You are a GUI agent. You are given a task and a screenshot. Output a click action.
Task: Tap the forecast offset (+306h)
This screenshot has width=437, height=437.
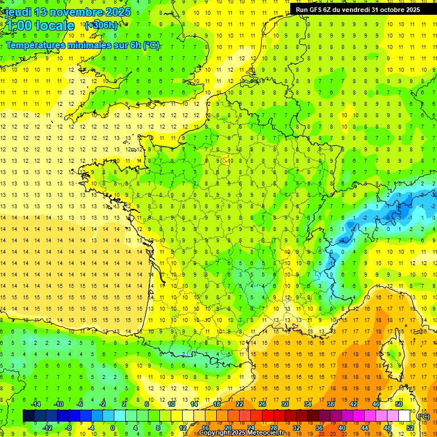point(101,25)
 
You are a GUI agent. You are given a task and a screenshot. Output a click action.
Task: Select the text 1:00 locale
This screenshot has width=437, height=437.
point(39,26)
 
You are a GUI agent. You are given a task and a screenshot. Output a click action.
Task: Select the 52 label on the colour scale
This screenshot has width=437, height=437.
point(410,428)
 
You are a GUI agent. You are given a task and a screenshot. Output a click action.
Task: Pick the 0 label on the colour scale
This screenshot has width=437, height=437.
point(113,428)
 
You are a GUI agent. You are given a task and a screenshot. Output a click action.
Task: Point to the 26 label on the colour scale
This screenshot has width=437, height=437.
point(262,404)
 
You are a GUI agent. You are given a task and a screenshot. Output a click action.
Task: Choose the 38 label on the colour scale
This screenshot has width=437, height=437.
point(331,404)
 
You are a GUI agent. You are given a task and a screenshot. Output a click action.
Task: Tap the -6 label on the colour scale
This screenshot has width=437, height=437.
point(80,404)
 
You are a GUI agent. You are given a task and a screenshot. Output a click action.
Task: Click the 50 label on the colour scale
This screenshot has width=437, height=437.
point(399,404)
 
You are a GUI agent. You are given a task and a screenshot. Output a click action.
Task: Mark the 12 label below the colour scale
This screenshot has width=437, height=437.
point(183,428)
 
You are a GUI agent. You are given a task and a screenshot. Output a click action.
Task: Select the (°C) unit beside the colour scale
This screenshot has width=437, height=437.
point(423,416)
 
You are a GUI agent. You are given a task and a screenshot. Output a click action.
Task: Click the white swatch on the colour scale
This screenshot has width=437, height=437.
point(405,416)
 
